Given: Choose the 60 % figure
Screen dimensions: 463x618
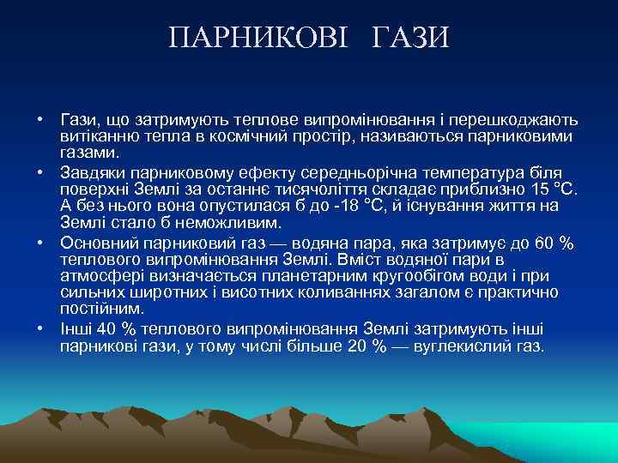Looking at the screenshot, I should pyautogui.click(x=553, y=243).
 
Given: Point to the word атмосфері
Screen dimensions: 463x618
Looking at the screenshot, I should pyautogui.click(x=97, y=275).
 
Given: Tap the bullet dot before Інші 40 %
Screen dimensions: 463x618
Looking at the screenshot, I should pyautogui.click(x=40, y=330).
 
